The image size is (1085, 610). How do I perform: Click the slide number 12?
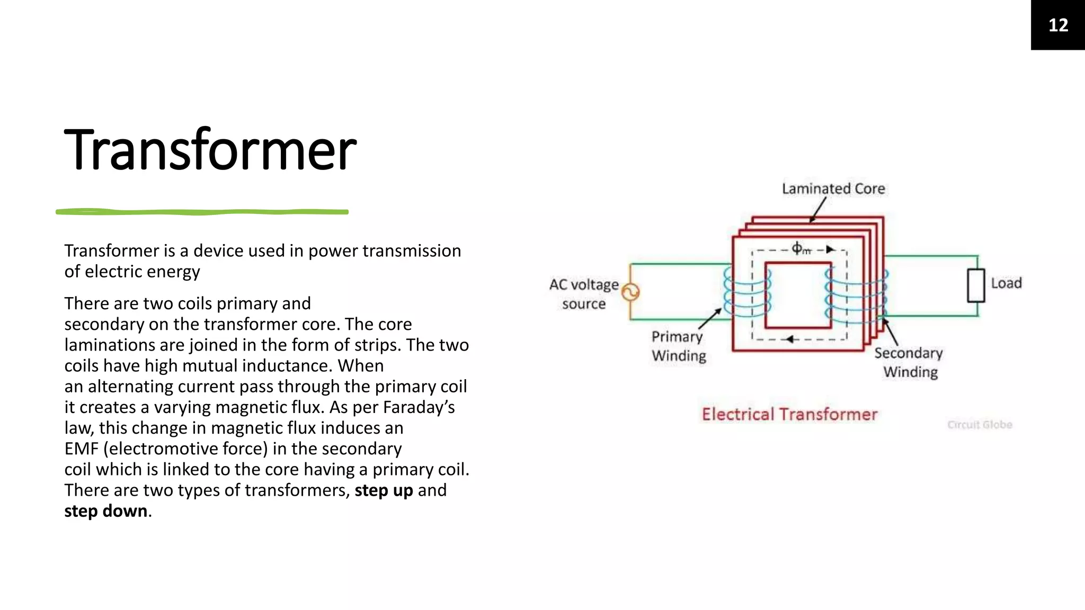tap(1058, 25)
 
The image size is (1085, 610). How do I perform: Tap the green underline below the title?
tap(202, 212)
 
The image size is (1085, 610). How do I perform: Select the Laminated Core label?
tap(833, 189)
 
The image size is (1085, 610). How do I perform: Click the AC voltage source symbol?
tap(630, 292)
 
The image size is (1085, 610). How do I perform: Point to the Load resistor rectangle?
tap(976, 286)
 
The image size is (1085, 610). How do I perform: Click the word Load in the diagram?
tap(1006, 283)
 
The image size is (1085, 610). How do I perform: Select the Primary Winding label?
tap(678, 346)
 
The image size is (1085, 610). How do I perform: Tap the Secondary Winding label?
tap(909, 363)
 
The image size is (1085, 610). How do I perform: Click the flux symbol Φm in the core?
tap(801, 248)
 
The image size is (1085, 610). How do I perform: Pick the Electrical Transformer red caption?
tap(789, 414)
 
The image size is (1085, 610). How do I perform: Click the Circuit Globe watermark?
tap(980, 425)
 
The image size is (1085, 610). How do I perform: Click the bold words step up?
tap(384, 490)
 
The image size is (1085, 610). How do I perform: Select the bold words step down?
tap(106, 511)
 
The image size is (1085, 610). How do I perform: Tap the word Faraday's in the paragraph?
tap(419, 407)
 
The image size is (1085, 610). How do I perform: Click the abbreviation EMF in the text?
tap(81, 448)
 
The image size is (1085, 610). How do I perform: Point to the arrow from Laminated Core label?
tap(818, 210)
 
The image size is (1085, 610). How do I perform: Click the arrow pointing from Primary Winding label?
tap(710, 319)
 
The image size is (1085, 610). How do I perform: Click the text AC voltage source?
tap(584, 294)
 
